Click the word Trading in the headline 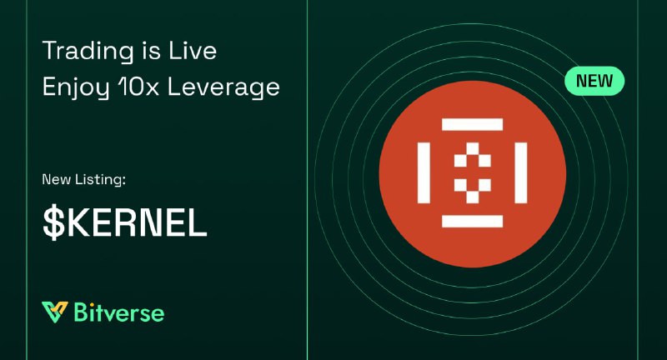tap(88, 52)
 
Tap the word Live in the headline tap(193, 50)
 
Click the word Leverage tap(223, 88)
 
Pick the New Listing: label tap(84, 179)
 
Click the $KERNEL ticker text tap(124, 222)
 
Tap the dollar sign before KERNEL tap(53, 222)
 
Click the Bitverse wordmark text tap(119, 312)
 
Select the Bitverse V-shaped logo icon tap(54, 312)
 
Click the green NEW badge tap(594, 81)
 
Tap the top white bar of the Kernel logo tap(472, 124)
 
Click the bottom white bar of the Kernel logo tap(472, 222)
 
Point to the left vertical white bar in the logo tap(424, 173)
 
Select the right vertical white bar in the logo tap(521, 173)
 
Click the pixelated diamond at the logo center tap(472, 173)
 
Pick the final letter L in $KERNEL tap(198, 222)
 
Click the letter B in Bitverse tap(81, 312)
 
